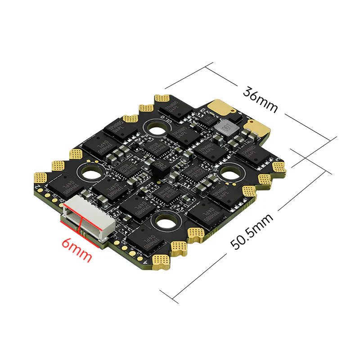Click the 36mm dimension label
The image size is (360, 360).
(x=260, y=99)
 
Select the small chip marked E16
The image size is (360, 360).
(x=207, y=119)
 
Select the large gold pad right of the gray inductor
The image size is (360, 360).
(x=257, y=131)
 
